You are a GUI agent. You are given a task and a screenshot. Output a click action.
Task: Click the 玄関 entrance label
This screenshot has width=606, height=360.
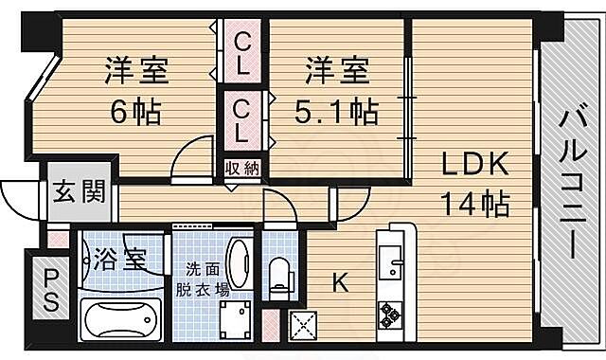pyautogui.click(x=80, y=200)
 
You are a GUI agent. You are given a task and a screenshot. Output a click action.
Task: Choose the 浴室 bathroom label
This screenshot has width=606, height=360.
pyautogui.click(x=121, y=258)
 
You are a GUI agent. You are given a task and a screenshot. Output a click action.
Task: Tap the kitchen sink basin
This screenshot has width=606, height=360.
pyautogui.click(x=390, y=256)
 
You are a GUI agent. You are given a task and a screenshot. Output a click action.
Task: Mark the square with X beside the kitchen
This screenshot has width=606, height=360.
pyautogui.click(x=306, y=327)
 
